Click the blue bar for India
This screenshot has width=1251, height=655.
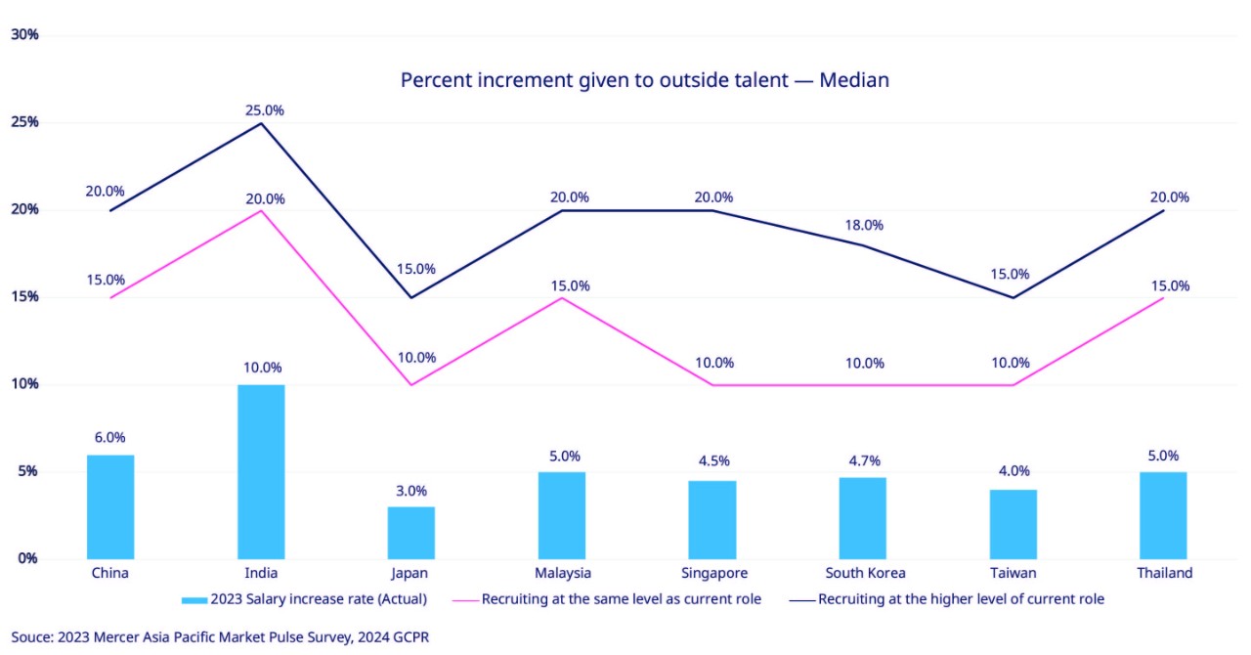click(261, 471)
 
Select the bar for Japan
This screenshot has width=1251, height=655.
click(411, 533)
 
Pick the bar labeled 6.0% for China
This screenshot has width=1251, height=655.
click(110, 506)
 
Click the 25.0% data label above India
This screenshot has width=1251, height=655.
click(264, 110)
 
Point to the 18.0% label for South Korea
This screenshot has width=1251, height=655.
click(864, 225)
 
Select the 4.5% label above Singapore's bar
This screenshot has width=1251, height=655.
click(713, 460)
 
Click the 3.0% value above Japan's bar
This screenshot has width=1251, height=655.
click(411, 491)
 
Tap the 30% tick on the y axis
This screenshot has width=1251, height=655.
click(24, 34)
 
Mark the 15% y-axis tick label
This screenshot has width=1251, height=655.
click(24, 296)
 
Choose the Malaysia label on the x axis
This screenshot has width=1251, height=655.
click(562, 573)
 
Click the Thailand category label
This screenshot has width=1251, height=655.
click(1164, 573)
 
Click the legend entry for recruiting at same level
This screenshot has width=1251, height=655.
click(621, 598)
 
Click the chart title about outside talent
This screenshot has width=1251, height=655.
click(645, 80)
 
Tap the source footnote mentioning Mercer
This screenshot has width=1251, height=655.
click(220, 636)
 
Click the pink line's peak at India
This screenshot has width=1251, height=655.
click(261, 210)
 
